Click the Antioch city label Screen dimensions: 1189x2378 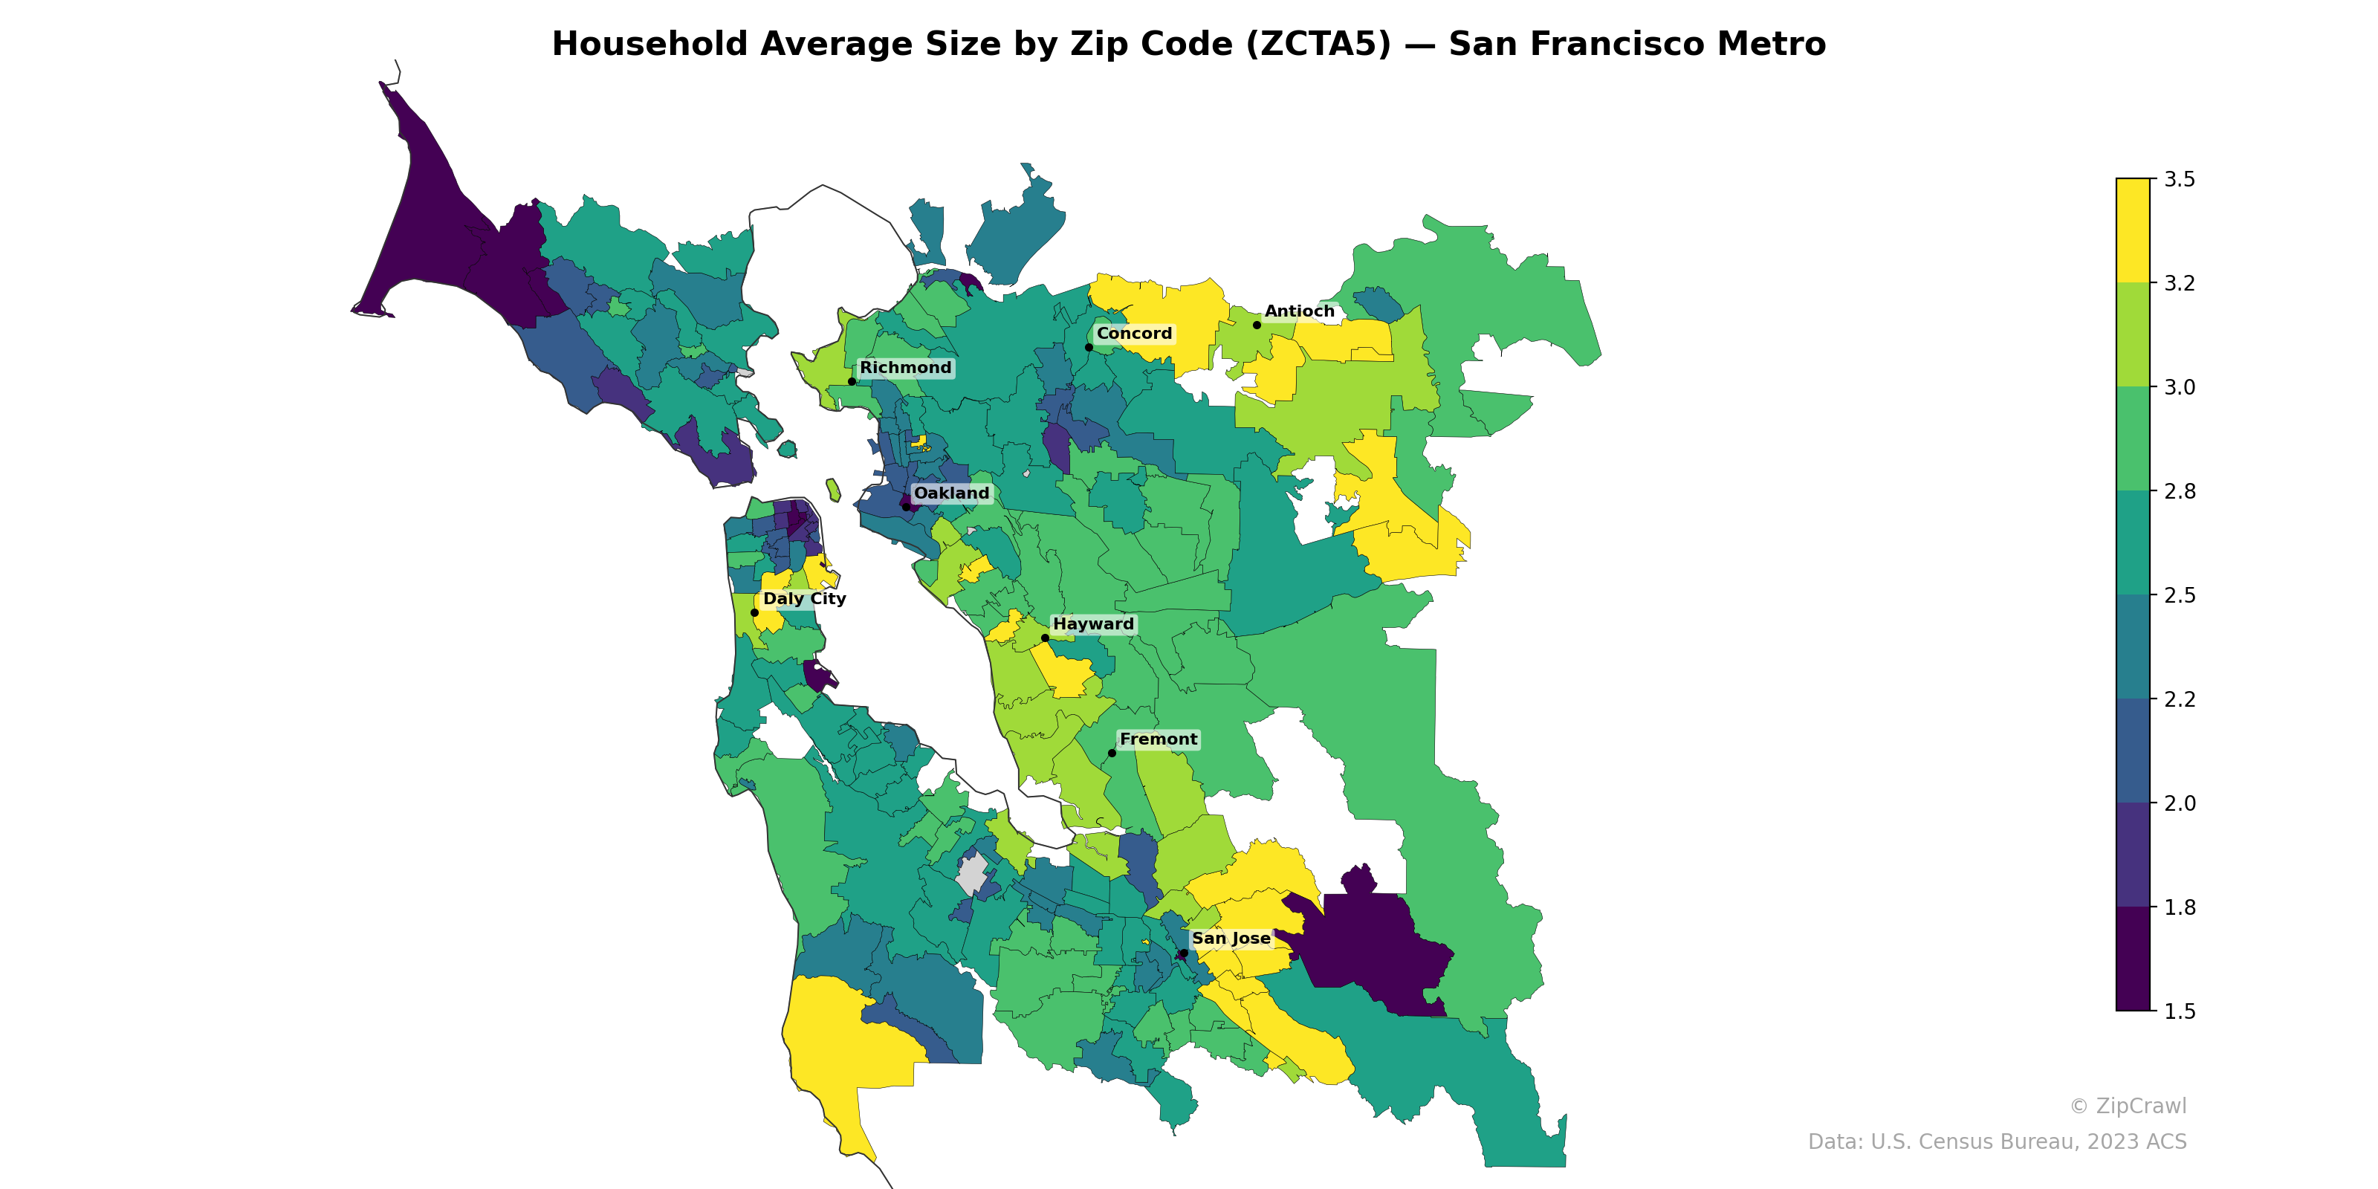pyautogui.click(x=1299, y=311)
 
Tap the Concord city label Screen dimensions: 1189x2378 pyautogui.click(x=1133, y=333)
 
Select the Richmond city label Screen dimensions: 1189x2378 pyautogui.click(x=904, y=367)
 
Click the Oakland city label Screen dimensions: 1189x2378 pyautogui.click(x=951, y=493)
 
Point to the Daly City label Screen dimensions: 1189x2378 pyautogui.click(x=804, y=598)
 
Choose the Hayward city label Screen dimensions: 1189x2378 pyautogui.click(x=1093, y=624)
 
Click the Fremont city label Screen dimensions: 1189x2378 pyautogui.click(x=1158, y=739)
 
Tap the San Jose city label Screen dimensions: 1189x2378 pyautogui.click(x=1231, y=939)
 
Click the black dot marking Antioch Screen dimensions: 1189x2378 pyautogui.click(x=1257, y=325)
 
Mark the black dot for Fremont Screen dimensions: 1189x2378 pyautogui.click(x=1112, y=754)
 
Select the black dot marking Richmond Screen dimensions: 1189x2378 pyautogui.click(x=851, y=381)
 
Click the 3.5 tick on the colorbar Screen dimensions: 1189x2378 pyautogui.click(x=2179, y=179)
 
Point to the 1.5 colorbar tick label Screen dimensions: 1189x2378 pyautogui.click(x=2179, y=1011)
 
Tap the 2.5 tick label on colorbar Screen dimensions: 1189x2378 pyautogui.click(x=2179, y=595)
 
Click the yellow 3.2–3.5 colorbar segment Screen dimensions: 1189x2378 pyautogui.click(x=2133, y=231)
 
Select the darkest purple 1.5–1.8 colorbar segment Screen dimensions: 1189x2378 pyautogui.click(x=2133, y=960)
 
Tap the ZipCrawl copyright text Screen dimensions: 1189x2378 pyautogui.click(x=2127, y=1106)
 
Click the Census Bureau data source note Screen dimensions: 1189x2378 pyautogui.click(x=1996, y=1142)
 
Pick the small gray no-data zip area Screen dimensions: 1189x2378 pyautogui.click(x=971, y=873)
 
